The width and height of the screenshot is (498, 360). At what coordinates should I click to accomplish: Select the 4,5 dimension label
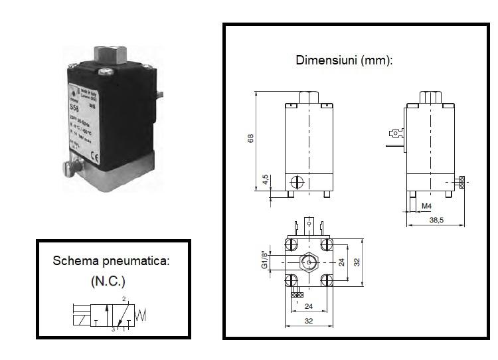[265, 180]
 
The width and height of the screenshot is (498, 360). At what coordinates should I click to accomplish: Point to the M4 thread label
[426, 206]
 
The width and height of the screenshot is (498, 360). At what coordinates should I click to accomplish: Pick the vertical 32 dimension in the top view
[357, 262]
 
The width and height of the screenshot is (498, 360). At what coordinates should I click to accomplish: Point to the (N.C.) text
[108, 281]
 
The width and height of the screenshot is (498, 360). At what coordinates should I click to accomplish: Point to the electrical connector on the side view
[394, 137]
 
